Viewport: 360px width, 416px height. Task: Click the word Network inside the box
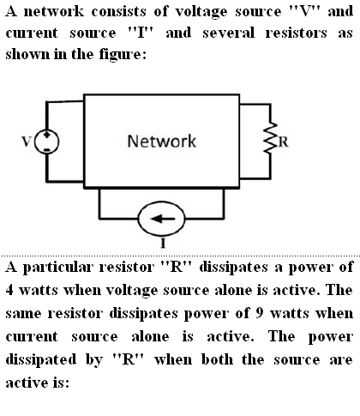(162, 141)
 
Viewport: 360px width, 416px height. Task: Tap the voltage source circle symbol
(35, 142)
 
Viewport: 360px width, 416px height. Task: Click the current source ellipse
(138, 219)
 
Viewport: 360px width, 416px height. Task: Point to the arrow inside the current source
(163, 219)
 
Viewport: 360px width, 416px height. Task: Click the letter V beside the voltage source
(27, 142)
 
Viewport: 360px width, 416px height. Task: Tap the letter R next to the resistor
(283, 142)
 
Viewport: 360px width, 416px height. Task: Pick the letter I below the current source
(163, 244)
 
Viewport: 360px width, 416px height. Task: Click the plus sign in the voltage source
(47, 134)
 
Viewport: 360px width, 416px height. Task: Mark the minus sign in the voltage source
(47, 150)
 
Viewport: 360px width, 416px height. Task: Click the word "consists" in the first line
(118, 12)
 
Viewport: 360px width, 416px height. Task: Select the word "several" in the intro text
(229, 33)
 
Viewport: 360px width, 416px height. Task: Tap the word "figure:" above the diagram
(123, 54)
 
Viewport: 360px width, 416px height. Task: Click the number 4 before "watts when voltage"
(9, 290)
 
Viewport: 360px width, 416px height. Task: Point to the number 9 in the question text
(259, 313)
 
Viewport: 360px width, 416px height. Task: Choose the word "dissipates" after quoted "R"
(233, 268)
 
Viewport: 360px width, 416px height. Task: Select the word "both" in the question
(217, 359)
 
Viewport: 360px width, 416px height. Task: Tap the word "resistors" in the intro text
(296, 33)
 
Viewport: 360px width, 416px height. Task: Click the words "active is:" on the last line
(38, 383)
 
